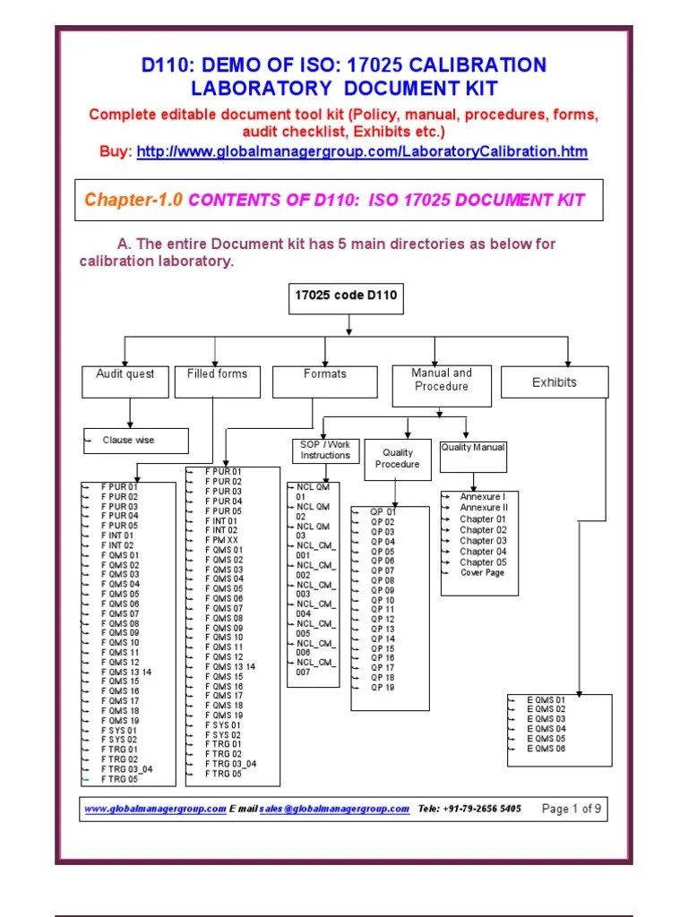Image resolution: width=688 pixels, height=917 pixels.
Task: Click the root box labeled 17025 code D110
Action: tap(346, 296)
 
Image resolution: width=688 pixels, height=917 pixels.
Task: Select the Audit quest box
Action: tap(125, 374)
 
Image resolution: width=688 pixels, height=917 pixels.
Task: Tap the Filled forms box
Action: tap(217, 374)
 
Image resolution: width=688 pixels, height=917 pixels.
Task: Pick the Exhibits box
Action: tap(555, 382)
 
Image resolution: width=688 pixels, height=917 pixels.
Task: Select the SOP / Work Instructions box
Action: tap(325, 450)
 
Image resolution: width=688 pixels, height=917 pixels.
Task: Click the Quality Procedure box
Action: tap(397, 458)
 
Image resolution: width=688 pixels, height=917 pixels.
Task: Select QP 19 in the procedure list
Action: tap(383, 687)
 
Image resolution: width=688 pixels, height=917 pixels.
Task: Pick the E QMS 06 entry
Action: tap(546, 748)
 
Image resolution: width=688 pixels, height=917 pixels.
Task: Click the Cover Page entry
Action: tap(482, 573)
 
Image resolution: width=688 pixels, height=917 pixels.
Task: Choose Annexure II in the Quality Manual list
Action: tap(483, 508)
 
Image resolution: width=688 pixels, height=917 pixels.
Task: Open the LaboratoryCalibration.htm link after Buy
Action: tap(362, 152)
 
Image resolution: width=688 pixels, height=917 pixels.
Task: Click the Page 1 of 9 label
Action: tap(572, 809)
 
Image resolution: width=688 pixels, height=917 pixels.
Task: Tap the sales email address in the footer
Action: tap(334, 809)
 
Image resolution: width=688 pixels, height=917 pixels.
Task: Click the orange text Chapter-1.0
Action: tap(133, 200)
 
